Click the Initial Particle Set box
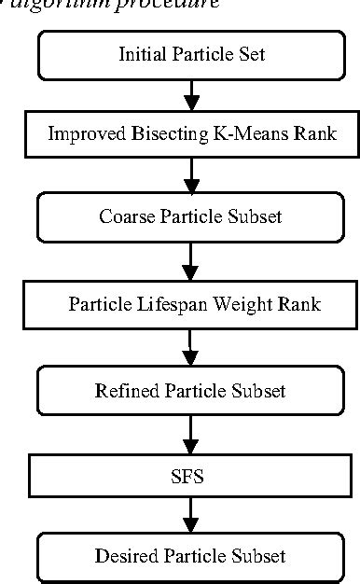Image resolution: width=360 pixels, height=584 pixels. coord(191,55)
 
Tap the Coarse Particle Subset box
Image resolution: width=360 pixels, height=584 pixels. coord(191,217)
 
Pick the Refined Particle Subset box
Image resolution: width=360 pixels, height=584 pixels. coord(191,389)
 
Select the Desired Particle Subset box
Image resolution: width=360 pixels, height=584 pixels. coord(191,557)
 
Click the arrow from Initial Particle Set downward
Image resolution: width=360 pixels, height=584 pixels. coord(191,95)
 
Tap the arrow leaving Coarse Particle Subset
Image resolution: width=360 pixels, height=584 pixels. coord(191,261)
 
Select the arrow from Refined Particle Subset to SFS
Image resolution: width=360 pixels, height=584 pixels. coord(191,433)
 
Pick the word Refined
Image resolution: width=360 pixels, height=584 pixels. coord(122,389)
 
